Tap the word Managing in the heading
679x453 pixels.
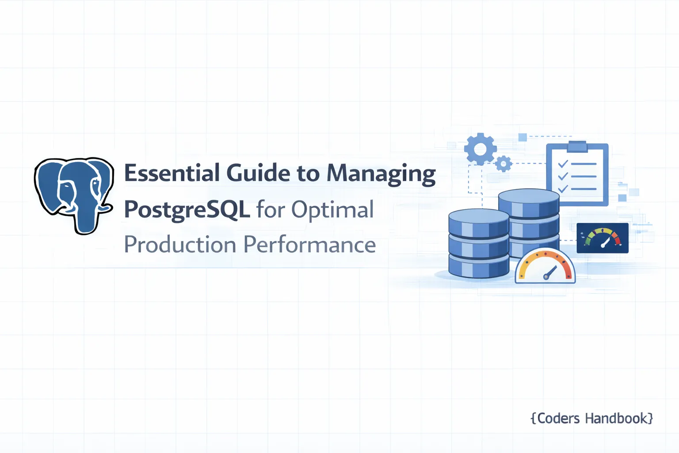click(381, 174)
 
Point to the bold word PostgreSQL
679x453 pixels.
click(187, 210)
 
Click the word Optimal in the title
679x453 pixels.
click(332, 210)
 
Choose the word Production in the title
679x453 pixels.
click(180, 245)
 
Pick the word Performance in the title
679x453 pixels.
click(309, 245)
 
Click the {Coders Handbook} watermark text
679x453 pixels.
click(591, 418)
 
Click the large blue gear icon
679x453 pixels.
click(480, 149)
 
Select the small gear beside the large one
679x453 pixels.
click(503, 164)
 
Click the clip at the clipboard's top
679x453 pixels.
click(577, 146)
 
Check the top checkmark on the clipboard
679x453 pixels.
click(563, 164)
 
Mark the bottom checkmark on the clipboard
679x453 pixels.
click(563, 189)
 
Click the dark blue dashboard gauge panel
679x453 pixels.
click(603, 238)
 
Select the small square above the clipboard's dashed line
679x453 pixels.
click(523, 137)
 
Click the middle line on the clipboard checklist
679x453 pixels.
click(584, 177)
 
